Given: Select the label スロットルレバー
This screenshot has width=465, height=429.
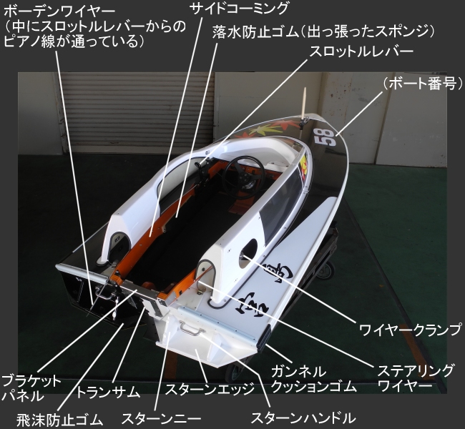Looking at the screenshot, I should pos(361,53).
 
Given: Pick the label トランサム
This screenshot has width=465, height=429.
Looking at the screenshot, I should pos(107,392).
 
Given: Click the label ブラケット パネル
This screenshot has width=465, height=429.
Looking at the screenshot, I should pos(31,388).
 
